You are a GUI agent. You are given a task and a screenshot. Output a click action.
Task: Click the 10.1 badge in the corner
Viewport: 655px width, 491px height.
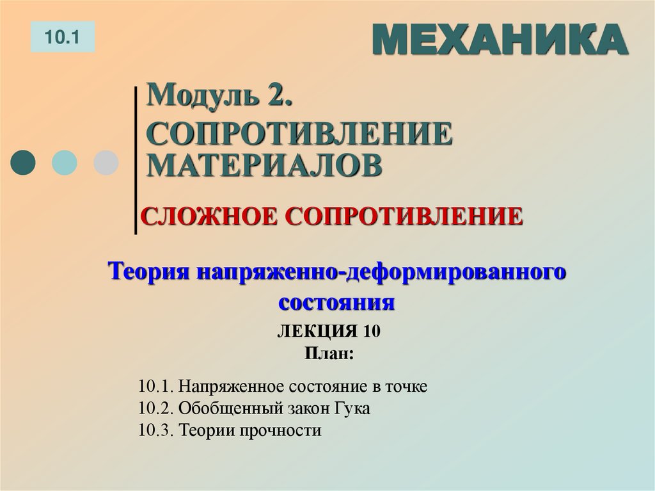click(62, 36)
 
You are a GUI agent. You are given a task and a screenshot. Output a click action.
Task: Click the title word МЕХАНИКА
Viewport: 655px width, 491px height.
click(499, 40)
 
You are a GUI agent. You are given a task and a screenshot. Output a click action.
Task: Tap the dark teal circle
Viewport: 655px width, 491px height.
click(24, 163)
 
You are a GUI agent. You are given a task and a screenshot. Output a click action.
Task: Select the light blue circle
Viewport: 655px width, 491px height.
click(64, 163)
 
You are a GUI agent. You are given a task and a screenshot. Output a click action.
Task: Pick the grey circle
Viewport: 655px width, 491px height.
click(106, 163)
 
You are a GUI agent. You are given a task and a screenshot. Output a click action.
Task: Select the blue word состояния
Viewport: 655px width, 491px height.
click(336, 301)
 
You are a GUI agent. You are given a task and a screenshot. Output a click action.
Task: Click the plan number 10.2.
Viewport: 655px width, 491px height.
click(155, 408)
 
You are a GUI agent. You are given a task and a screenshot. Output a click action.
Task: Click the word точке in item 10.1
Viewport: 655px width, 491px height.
click(406, 387)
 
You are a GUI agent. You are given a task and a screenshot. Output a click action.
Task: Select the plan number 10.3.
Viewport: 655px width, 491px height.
click(155, 430)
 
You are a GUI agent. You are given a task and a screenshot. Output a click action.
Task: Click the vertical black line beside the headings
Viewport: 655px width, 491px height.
click(136, 160)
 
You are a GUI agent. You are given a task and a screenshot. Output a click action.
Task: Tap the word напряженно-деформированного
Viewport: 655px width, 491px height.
click(382, 272)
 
